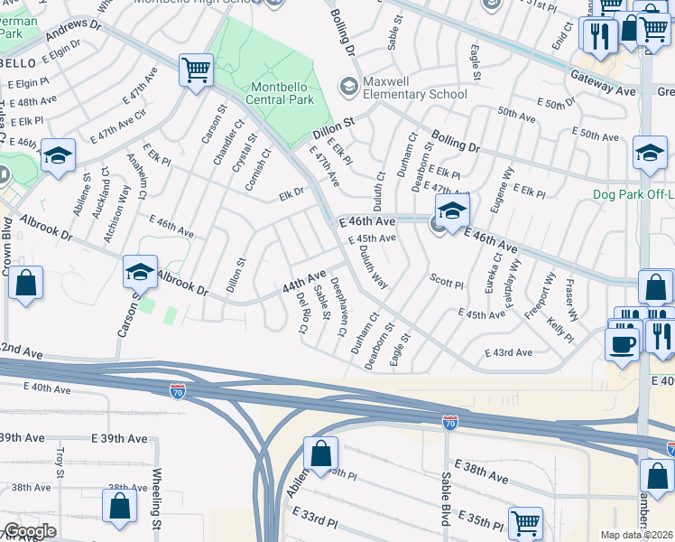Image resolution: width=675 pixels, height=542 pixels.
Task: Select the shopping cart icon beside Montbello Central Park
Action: (196, 70)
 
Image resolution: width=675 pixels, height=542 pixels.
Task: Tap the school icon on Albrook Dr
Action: (140, 270)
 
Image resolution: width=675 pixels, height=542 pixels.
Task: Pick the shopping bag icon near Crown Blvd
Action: (26, 283)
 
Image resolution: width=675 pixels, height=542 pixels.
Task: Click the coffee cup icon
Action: (622, 344)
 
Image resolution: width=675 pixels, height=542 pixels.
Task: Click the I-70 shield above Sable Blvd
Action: (448, 422)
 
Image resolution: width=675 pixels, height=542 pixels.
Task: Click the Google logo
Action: (29, 531)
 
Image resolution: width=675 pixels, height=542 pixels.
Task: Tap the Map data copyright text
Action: (637, 535)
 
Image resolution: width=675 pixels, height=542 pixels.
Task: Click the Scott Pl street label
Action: (446, 283)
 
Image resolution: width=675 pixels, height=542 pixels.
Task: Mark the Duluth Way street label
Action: (374, 269)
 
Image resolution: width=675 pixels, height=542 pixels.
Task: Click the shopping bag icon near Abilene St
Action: (320, 453)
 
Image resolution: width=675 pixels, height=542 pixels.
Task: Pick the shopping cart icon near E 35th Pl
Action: (525, 522)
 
